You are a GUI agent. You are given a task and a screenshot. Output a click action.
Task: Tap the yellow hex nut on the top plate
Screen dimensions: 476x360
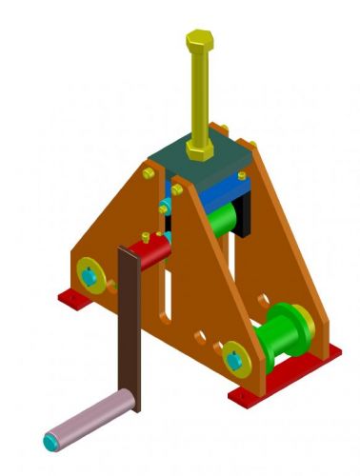pos(200,150)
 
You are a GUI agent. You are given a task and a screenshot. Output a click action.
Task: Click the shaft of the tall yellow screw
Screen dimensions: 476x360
pos(200,95)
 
